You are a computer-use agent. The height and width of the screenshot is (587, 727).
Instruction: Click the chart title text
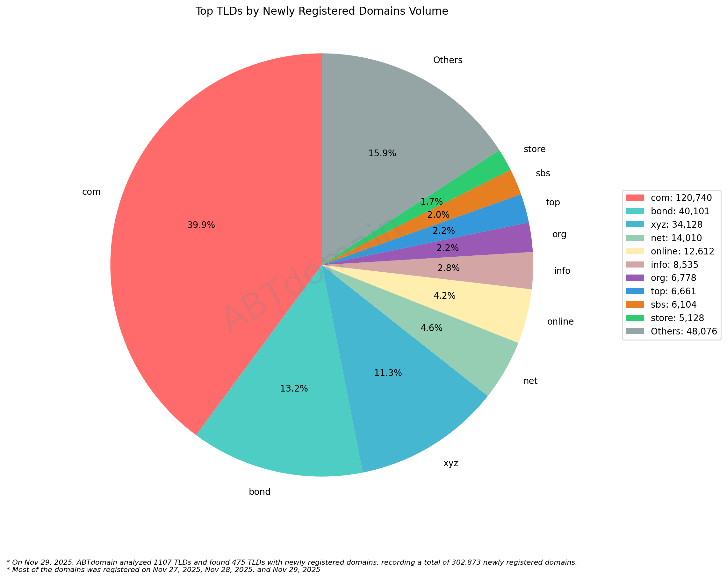point(322,11)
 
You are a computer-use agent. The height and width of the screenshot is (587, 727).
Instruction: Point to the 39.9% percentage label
point(201,225)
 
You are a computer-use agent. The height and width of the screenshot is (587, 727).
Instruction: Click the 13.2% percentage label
point(294,388)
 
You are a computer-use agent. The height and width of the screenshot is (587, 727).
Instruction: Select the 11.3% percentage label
point(388,373)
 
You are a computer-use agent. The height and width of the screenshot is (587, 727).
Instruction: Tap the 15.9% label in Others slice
point(382,153)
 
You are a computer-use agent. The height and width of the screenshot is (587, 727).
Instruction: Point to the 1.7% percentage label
point(431,202)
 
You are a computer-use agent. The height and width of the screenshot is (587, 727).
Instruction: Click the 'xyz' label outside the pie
point(451,463)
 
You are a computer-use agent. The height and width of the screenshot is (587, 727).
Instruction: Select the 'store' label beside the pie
point(535,149)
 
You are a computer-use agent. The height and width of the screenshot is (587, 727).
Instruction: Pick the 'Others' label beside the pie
point(448,60)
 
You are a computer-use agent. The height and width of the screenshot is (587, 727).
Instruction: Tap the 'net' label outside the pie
point(530,381)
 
